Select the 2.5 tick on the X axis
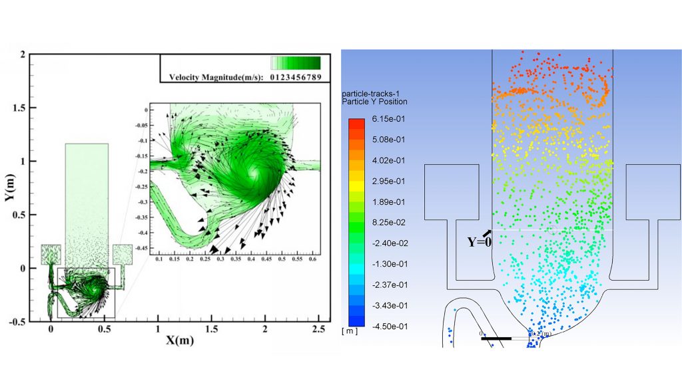click(x=319, y=330)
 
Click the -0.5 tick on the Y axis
click(x=22, y=321)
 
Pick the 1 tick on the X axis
click(x=158, y=330)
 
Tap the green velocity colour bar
click(x=296, y=63)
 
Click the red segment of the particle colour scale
click(x=356, y=124)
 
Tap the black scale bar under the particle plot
click(x=496, y=338)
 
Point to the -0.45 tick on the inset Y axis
click(x=141, y=248)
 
